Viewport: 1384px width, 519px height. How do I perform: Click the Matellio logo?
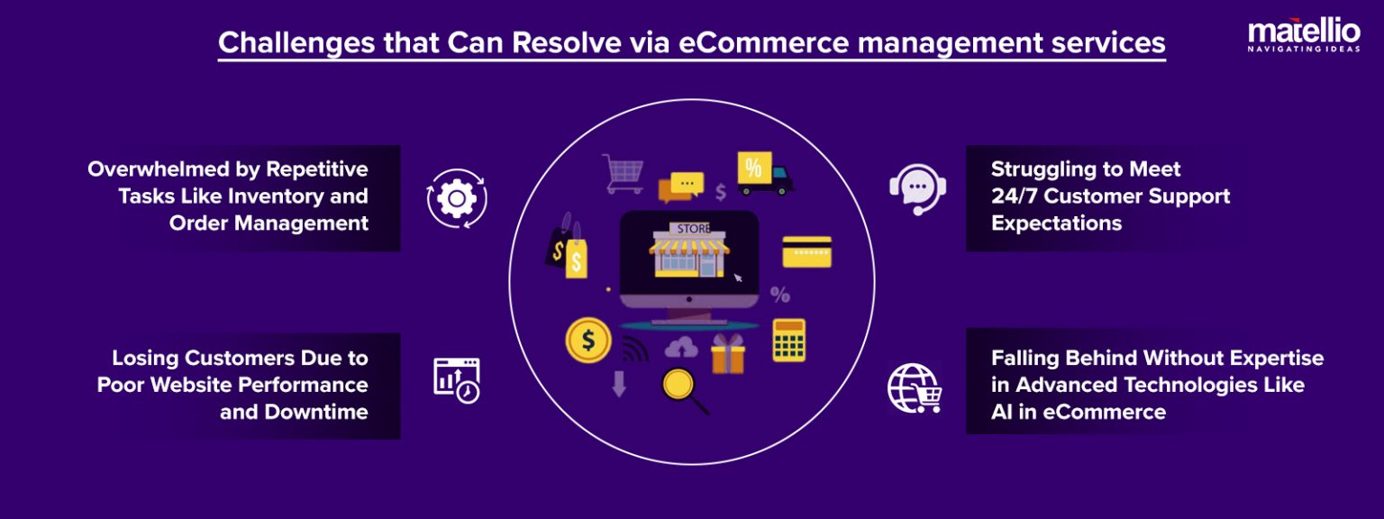coord(1303,36)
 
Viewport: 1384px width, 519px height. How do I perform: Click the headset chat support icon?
coord(916,189)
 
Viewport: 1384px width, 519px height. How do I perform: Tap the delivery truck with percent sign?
coord(763,174)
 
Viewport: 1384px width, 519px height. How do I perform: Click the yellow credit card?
coord(806,252)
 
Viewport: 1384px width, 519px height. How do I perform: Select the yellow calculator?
coord(788,340)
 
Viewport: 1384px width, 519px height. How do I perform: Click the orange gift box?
coord(727,354)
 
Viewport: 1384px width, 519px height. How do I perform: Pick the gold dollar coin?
coord(588,341)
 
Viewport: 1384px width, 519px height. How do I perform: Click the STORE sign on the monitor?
coord(693,228)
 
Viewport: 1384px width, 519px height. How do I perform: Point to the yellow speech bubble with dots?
coord(687,183)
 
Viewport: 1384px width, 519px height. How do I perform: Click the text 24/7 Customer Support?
coord(1110,196)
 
